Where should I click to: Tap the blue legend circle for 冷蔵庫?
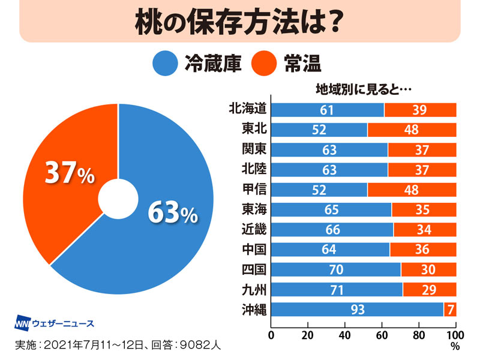coord(166,62)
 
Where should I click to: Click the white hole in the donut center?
coord(119,199)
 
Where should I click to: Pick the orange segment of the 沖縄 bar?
coord(450,310)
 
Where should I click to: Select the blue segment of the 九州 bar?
coord(337,290)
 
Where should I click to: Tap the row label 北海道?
coord(247,109)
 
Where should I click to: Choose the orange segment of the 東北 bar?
coord(412,130)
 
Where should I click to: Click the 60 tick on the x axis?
coord(382,334)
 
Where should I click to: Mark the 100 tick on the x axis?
coord(455,334)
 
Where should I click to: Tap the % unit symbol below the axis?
coord(455,346)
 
